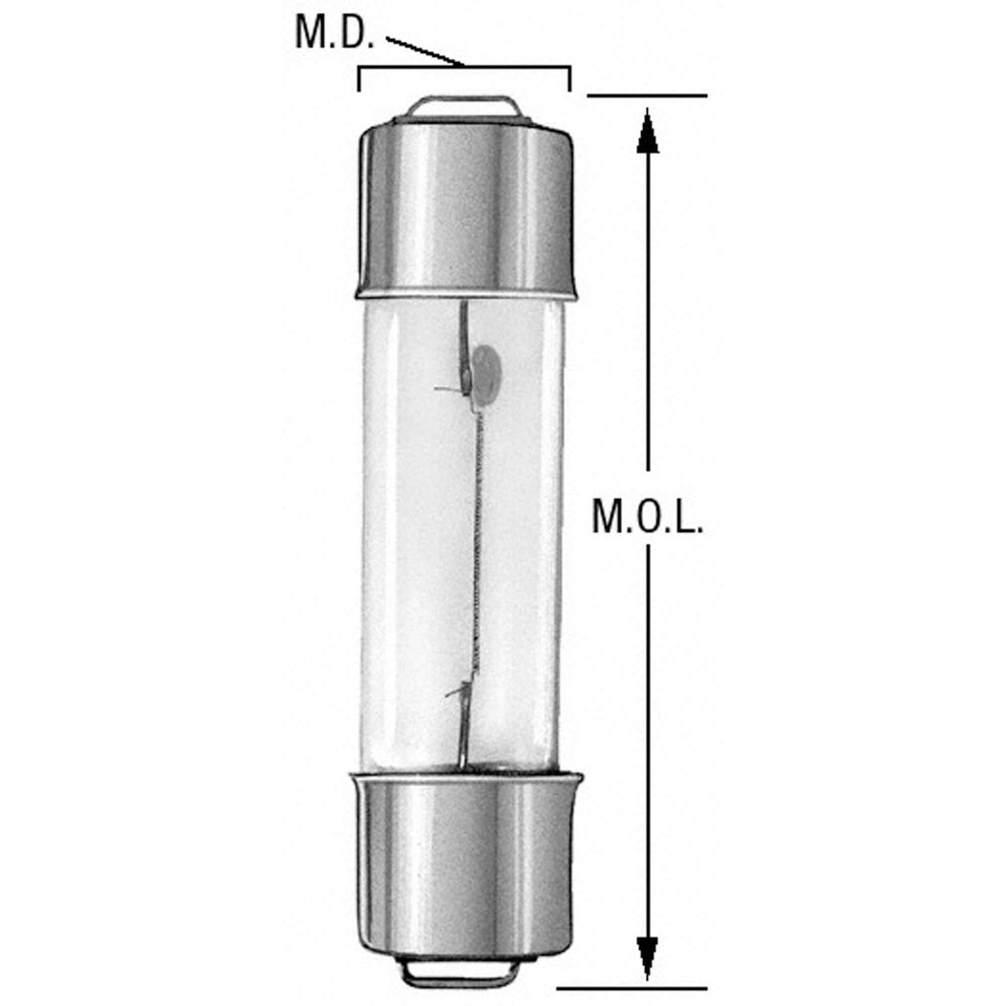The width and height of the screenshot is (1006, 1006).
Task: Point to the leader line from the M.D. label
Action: click(x=425, y=51)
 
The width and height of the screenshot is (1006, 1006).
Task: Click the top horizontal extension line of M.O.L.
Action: click(x=647, y=96)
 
